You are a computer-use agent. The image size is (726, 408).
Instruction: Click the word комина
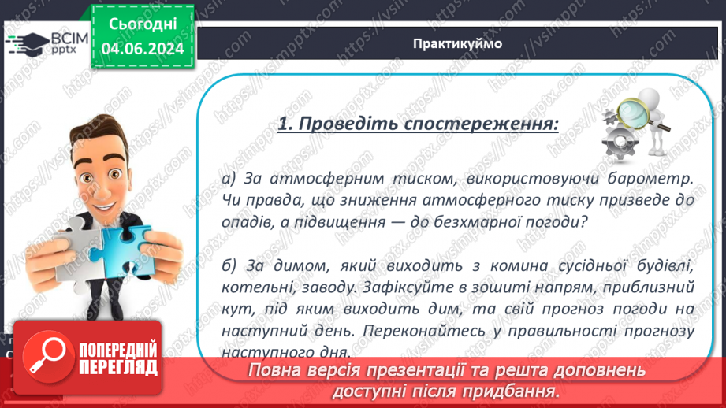point(473,265)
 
